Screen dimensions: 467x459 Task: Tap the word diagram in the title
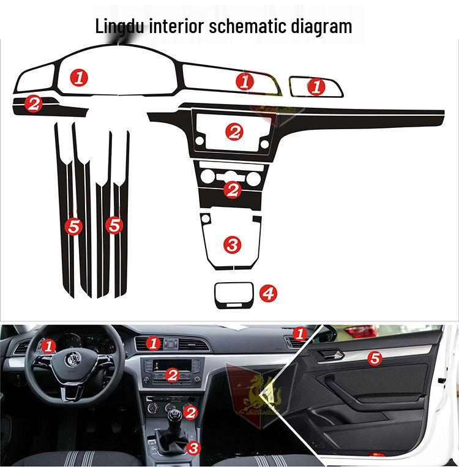(322, 26)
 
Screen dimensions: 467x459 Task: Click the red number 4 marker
(267, 294)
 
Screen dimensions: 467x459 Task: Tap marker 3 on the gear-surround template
(233, 245)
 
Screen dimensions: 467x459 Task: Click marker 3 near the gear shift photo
(193, 448)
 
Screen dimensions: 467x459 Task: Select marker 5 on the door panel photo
(375, 358)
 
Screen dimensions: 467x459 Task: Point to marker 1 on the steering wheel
(49, 346)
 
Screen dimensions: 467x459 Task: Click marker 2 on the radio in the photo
(173, 375)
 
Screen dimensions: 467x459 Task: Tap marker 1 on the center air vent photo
(154, 343)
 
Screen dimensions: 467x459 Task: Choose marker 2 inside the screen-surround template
(234, 131)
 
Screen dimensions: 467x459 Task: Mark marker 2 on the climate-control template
(232, 189)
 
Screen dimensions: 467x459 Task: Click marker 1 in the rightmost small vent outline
(316, 87)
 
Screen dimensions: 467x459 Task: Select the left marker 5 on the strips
(73, 226)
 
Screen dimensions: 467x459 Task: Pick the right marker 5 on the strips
(114, 225)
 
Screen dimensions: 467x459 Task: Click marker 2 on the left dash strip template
(33, 103)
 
